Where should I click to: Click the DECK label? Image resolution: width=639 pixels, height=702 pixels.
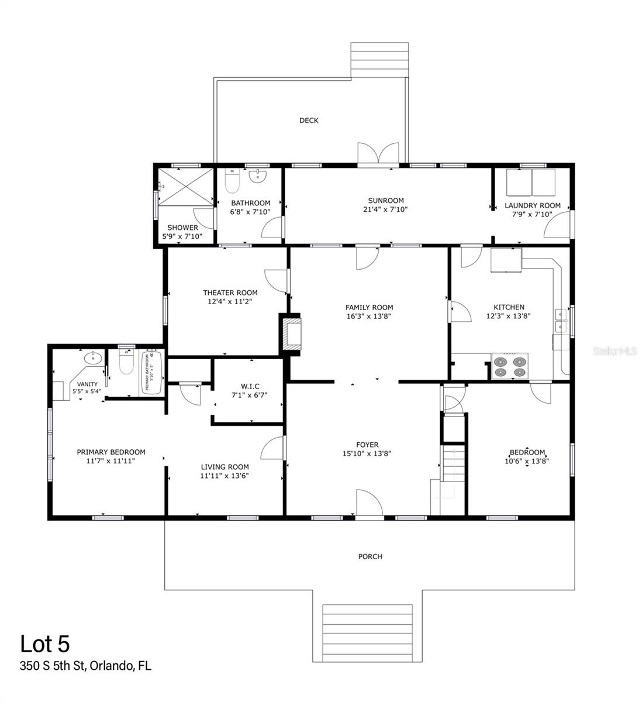point(309,121)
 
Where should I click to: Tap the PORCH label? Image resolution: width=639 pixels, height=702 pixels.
point(370,556)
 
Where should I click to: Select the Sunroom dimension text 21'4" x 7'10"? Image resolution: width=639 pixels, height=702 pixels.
point(386,209)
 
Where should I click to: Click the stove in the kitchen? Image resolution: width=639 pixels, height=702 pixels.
point(509,367)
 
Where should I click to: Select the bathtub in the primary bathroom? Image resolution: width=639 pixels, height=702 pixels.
point(151,373)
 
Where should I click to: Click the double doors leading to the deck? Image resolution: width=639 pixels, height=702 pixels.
point(379,154)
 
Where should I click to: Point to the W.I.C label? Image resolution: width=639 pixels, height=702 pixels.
point(250,386)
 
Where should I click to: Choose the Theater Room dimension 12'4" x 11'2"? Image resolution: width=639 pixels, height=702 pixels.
point(230,302)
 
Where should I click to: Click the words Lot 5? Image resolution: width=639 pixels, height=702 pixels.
point(45,643)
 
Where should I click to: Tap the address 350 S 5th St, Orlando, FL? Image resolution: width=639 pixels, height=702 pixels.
point(85,666)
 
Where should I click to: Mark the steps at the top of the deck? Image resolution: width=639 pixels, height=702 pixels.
point(379,59)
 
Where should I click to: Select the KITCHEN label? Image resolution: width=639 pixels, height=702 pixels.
point(509,307)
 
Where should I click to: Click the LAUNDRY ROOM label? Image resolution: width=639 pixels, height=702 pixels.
point(532,205)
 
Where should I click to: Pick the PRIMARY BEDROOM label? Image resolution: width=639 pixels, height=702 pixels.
point(111,452)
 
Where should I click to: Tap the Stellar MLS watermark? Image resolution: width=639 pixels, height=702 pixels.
point(614,351)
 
